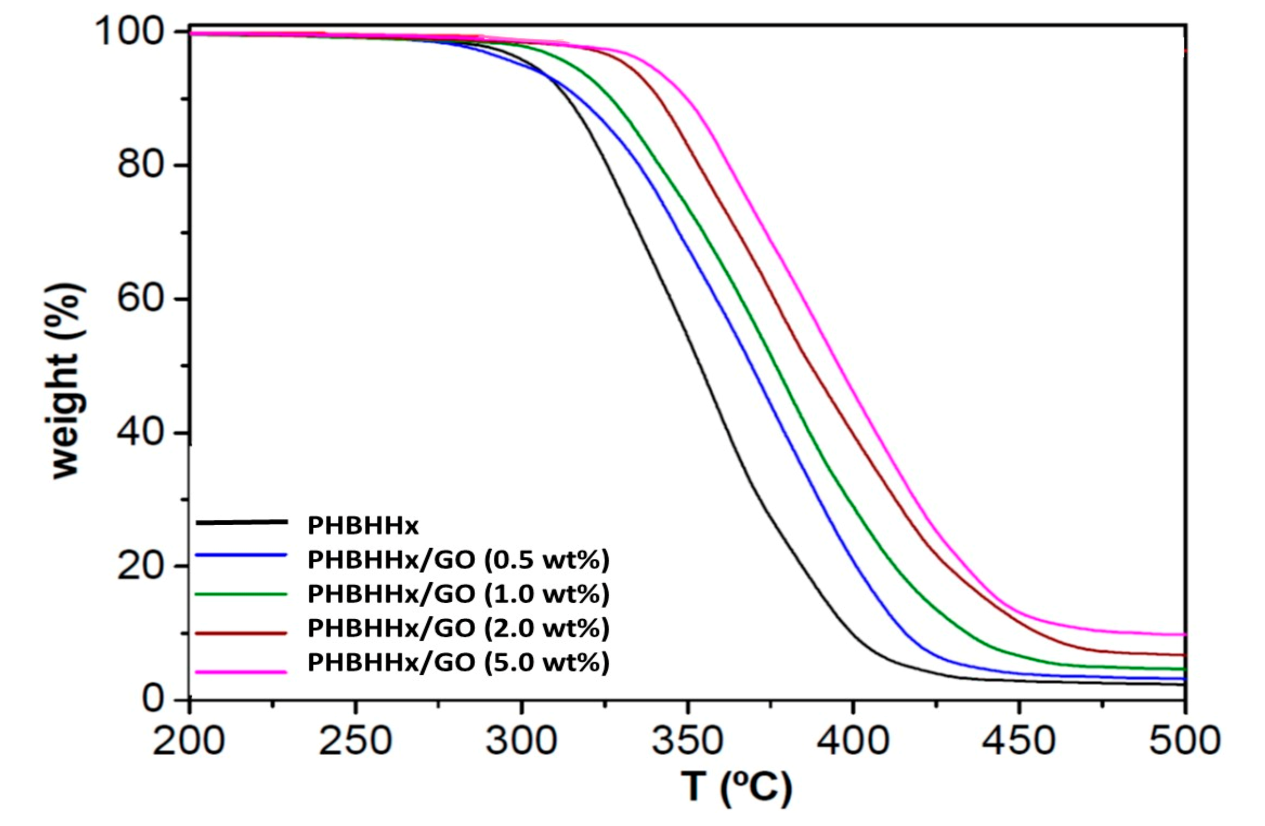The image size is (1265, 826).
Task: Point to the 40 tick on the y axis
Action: pyautogui.click(x=146, y=433)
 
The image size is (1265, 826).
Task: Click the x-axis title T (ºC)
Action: pyautogui.click(x=737, y=788)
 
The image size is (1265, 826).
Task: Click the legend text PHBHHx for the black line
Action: pyautogui.click(x=363, y=526)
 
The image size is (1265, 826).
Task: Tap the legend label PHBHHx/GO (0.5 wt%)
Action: pyautogui.click(x=458, y=560)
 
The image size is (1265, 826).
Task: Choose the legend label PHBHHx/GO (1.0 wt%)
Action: pyautogui.click(x=458, y=594)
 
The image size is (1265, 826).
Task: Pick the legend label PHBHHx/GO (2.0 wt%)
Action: pyautogui.click(x=458, y=628)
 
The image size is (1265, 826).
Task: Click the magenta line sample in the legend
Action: pyautogui.click(x=241, y=672)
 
